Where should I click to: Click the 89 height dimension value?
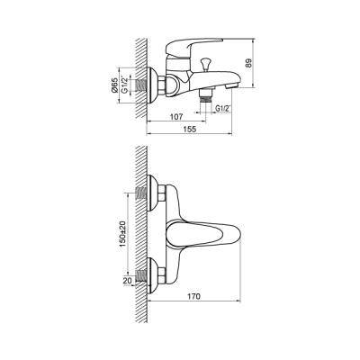point(248,63)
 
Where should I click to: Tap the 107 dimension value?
point(176,116)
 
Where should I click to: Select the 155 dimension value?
point(189,129)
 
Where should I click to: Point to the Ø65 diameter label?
point(114,85)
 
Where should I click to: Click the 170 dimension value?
point(194,296)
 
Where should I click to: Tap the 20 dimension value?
point(127,280)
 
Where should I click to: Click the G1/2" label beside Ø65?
point(124,85)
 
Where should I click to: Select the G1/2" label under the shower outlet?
point(222,109)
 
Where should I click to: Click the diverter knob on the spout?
point(206,64)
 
